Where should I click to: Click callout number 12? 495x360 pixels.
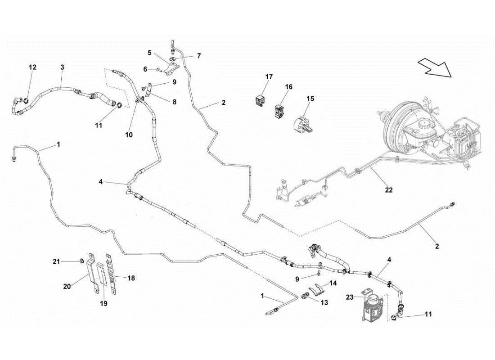(32, 67)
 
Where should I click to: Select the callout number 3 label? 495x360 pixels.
(62, 67)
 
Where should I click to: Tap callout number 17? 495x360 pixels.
(269, 77)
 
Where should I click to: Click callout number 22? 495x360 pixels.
(389, 190)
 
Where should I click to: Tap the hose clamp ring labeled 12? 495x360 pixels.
(26, 100)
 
